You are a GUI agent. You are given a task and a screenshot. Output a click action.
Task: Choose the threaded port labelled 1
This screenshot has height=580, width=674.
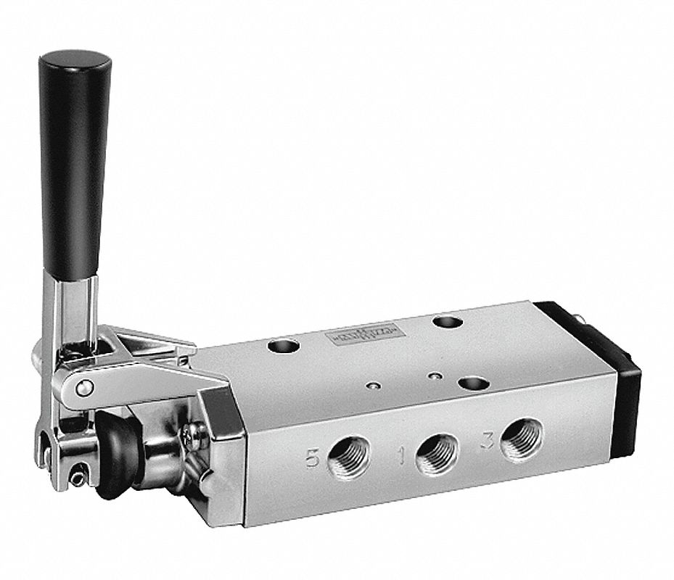[435, 452]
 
